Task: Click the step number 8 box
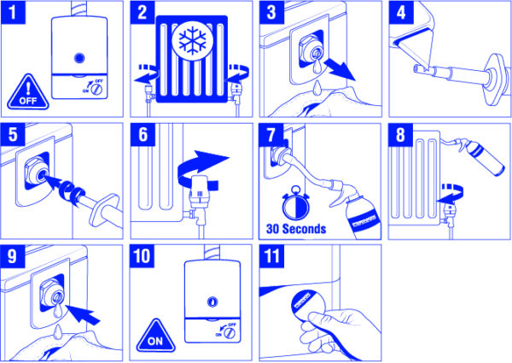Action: [400, 138]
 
